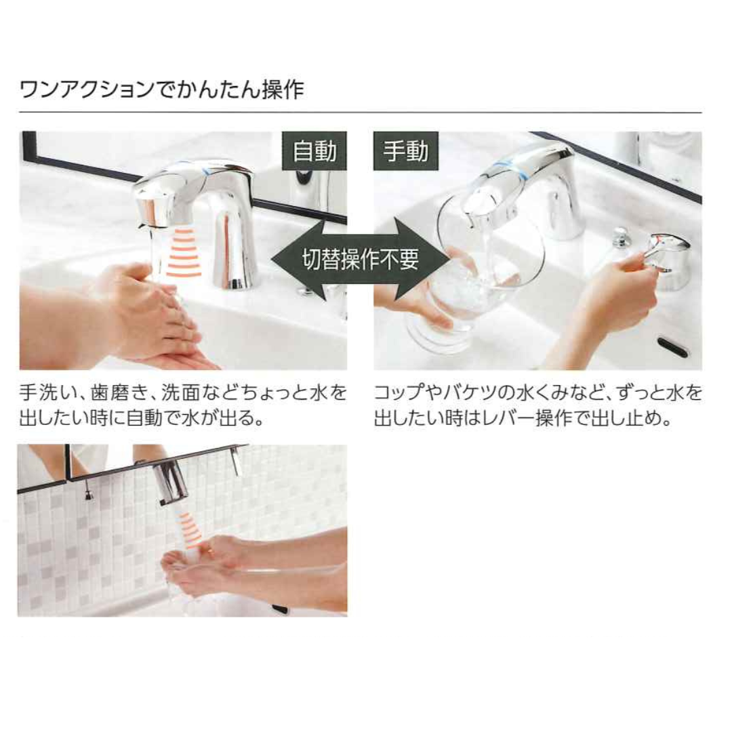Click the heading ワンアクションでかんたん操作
coord(162,89)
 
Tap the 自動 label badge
coord(314,150)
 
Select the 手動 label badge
coord(406,150)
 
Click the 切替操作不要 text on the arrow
coord(361,259)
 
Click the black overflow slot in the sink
coord(672,347)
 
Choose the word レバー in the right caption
coord(509,418)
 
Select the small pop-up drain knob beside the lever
coord(622,238)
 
